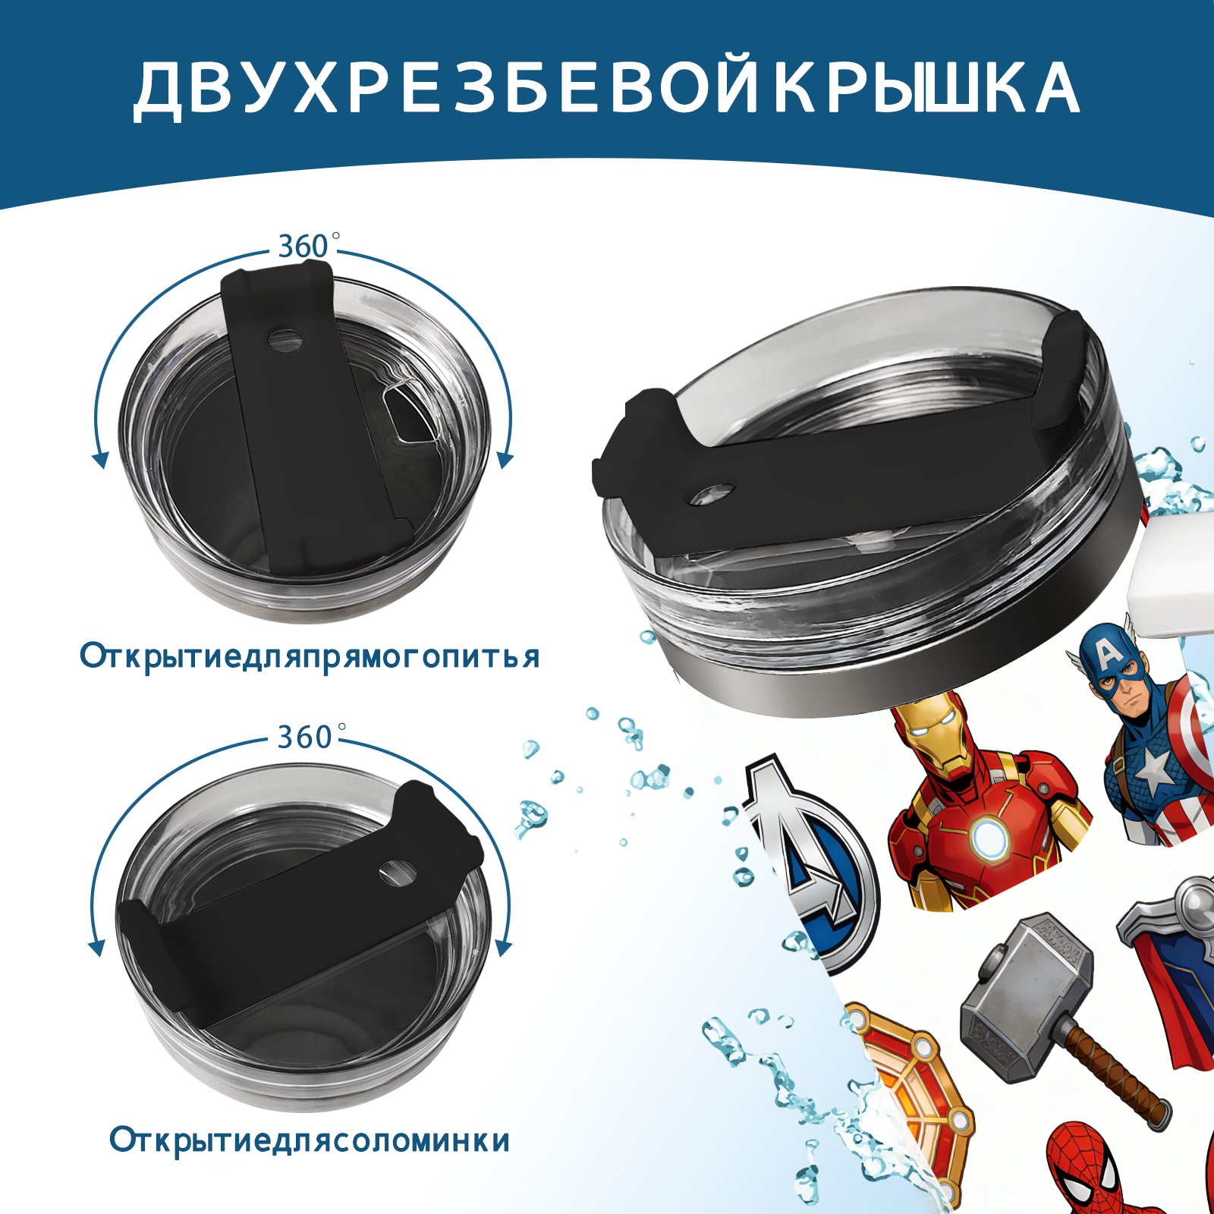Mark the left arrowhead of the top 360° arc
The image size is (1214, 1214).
(99, 460)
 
